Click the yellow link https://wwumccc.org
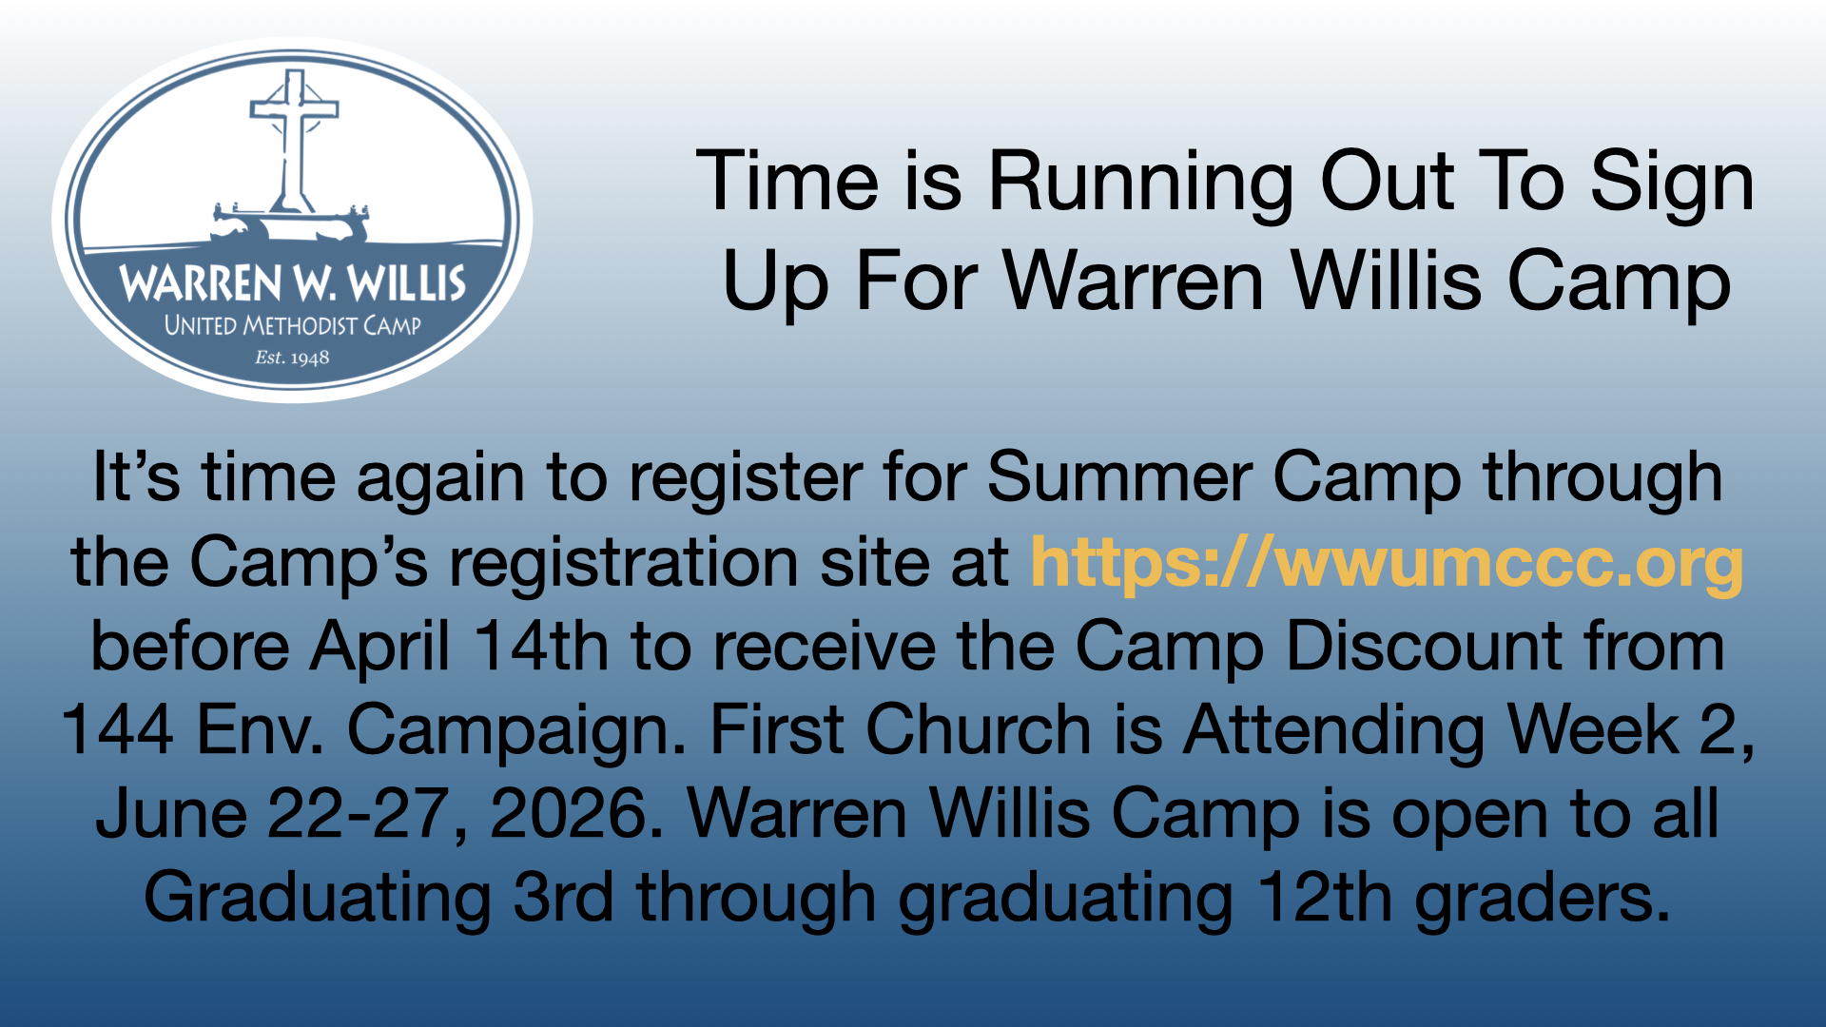coord(1388,563)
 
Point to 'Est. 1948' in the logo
coord(292,358)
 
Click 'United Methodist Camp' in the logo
coord(292,325)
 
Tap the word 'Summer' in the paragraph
coord(1118,476)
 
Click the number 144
coord(118,730)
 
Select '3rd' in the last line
coord(563,898)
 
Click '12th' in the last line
coord(1324,898)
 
